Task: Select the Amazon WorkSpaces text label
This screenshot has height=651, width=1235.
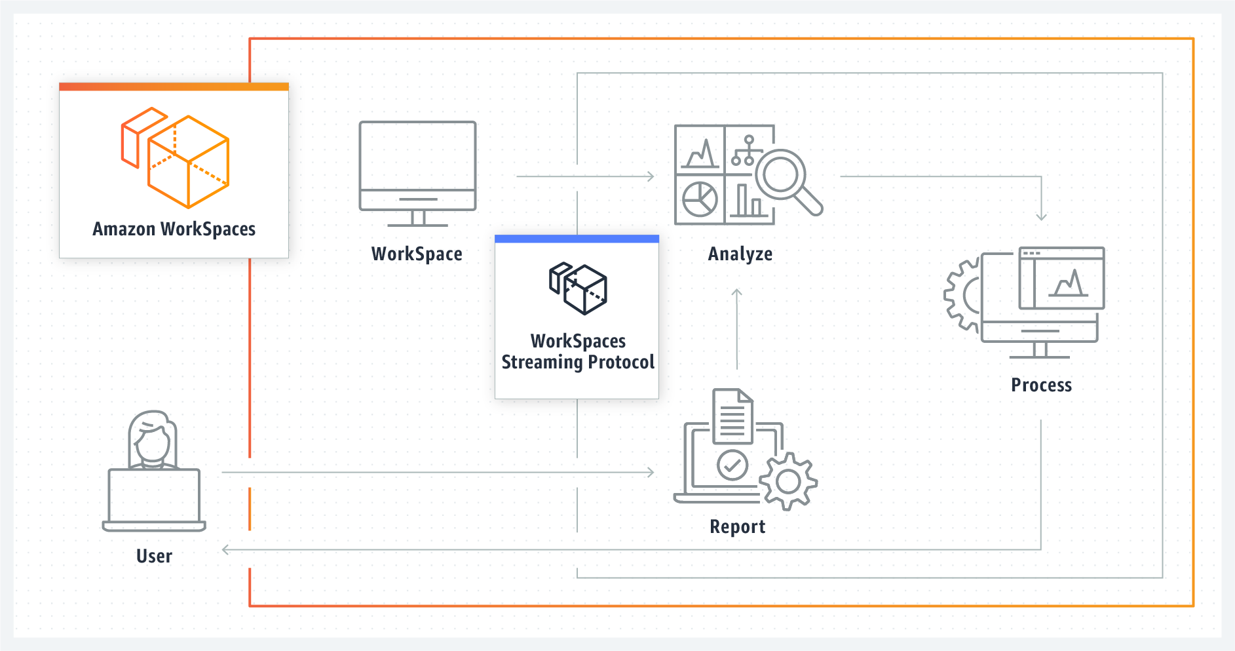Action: click(174, 229)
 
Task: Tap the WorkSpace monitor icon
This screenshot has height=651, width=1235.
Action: click(417, 174)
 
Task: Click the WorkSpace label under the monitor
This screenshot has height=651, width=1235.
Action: click(417, 254)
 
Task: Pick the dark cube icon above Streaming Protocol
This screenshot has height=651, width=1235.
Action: click(578, 288)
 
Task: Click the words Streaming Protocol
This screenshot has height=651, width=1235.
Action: click(578, 362)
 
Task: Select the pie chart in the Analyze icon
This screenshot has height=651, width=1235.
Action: click(700, 199)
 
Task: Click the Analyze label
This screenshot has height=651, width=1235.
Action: click(740, 254)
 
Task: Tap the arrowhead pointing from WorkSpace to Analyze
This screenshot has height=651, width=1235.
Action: click(651, 176)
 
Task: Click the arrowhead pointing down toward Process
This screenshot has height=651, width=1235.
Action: click(1041, 216)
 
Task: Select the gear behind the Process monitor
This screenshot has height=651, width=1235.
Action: click(962, 295)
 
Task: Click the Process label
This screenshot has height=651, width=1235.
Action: click(1041, 385)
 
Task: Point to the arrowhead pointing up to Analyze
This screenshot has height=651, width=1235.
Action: click(737, 292)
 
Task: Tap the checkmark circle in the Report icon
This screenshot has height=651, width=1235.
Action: click(732, 465)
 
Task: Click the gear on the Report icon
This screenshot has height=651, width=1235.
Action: click(788, 482)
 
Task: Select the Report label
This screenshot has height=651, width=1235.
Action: click(738, 526)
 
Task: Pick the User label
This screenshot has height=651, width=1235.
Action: click(154, 556)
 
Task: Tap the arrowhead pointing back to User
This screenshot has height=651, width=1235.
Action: click(226, 549)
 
